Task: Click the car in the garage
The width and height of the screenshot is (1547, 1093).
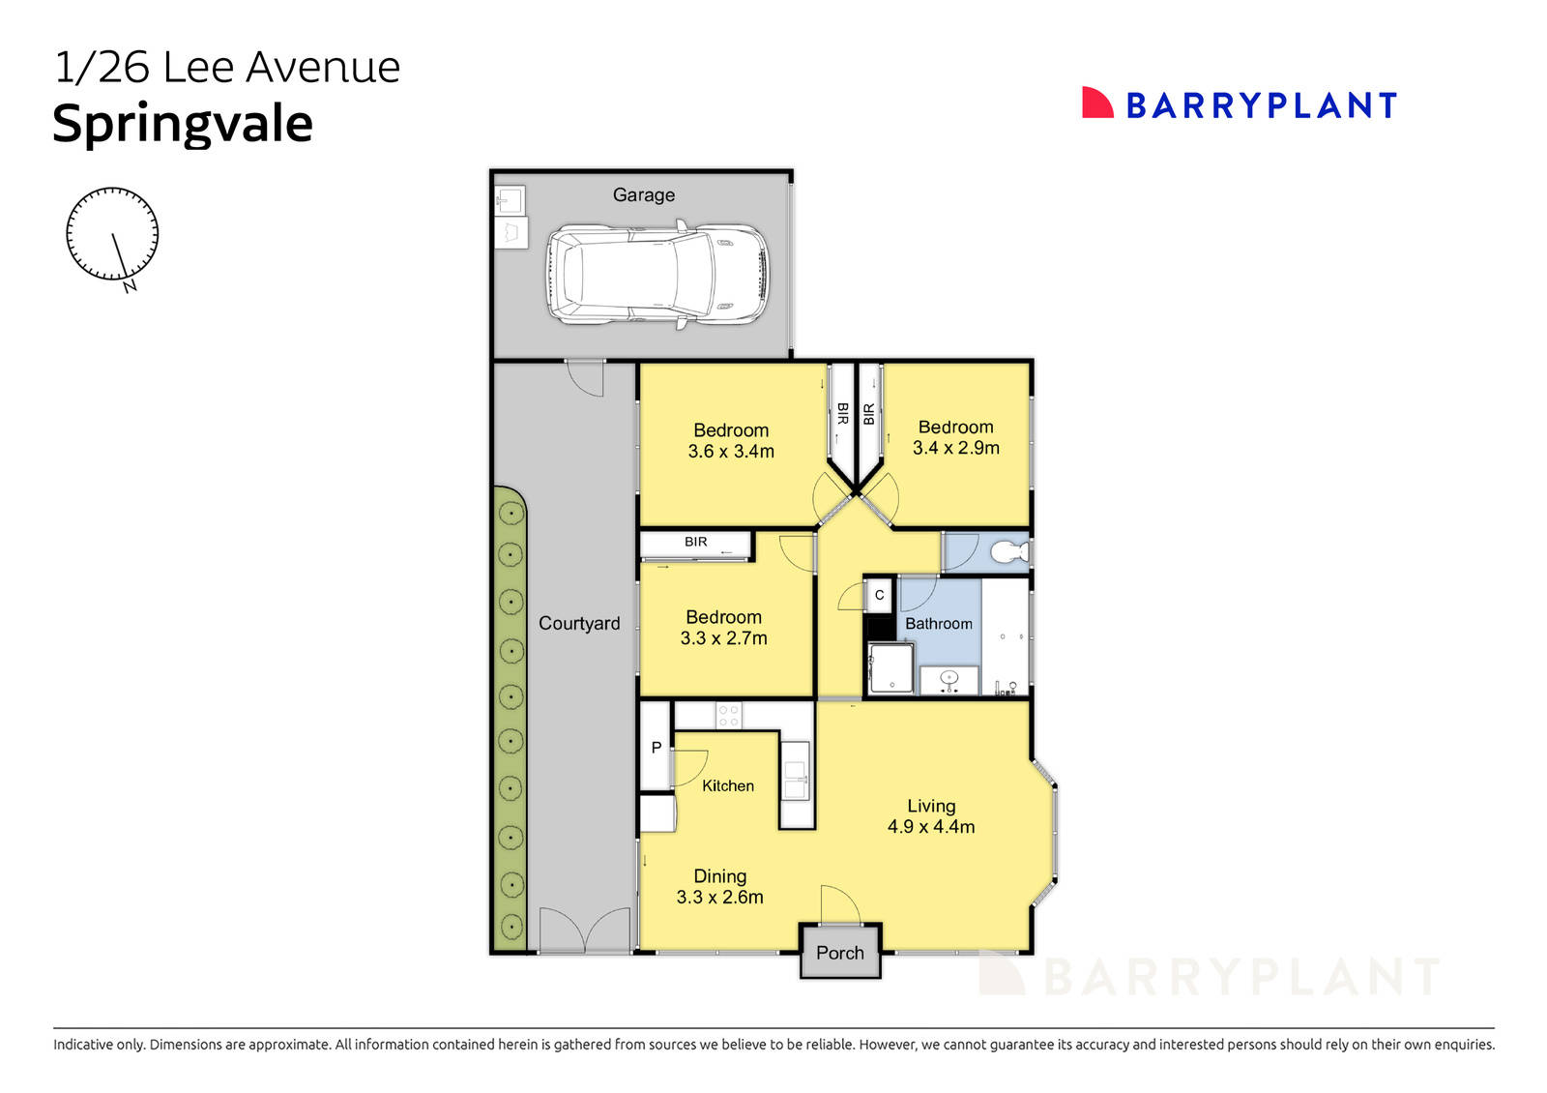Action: point(657,275)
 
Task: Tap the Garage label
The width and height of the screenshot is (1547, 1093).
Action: point(644,194)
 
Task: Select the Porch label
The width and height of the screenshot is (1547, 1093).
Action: point(840,954)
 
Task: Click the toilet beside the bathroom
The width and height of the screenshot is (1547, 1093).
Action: point(1009,552)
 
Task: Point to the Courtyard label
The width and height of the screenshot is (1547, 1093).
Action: point(579,623)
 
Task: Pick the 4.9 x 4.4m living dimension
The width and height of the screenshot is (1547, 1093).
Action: point(931,826)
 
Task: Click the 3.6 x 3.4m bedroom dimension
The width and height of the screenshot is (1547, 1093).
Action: point(731,451)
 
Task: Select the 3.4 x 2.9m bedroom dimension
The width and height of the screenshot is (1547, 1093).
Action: point(956,448)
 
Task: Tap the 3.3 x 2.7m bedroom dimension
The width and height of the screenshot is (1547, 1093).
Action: point(724,637)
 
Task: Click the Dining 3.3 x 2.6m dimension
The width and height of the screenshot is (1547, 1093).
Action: point(719,897)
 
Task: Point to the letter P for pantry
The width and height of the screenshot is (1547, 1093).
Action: point(657,747)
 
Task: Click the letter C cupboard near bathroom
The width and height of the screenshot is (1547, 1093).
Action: point(879,595)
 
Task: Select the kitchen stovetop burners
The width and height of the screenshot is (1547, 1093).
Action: point(729,715)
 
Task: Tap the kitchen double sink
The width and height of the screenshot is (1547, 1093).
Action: point(795,780)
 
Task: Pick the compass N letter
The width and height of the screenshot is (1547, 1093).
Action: point(130,286)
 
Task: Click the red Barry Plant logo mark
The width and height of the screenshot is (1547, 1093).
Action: point(1096,103)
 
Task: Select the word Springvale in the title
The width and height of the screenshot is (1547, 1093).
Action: point(183,125)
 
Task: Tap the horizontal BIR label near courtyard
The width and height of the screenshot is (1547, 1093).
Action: point(695,542)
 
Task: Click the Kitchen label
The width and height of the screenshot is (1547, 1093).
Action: point(728,785)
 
